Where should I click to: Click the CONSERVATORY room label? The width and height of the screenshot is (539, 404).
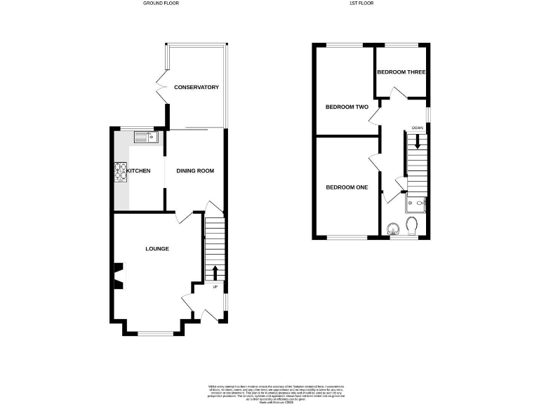point(197,88)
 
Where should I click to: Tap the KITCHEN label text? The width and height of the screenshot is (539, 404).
point(138,170)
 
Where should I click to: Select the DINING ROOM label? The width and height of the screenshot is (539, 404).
point(194,170)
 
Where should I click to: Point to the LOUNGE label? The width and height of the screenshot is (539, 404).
point(157,248)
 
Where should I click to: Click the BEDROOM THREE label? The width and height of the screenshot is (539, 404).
point(401,72)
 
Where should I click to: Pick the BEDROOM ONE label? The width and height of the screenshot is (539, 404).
point(346,187)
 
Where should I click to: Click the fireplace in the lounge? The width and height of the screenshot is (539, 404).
point(118,276)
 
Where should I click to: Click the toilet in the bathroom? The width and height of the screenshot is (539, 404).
point(412,225)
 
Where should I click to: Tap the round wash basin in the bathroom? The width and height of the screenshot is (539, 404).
point(392,228)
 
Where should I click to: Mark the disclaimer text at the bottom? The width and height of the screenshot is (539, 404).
point(269,393)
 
